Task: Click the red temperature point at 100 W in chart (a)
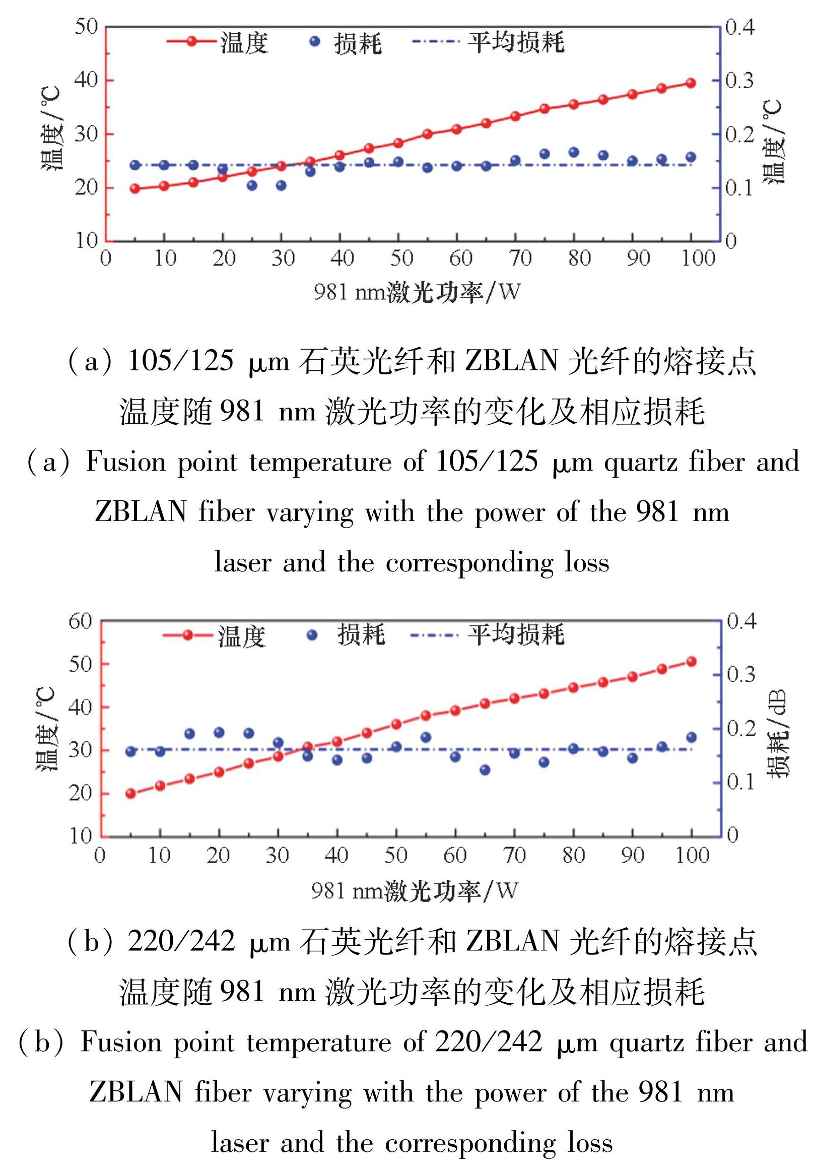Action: pyautogui.click(x=691, y=83)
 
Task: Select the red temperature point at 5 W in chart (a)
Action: pyautogui.click(x=135, y=188)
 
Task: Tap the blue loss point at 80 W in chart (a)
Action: pyautogui.click(x=574, y=152)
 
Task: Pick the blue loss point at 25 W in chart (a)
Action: pyautogui.click(x=252, y=185)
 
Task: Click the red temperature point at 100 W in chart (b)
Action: pyautogui.click(x=691, y=662)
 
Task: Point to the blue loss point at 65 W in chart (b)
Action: pyautogui.click(x=485, y=769)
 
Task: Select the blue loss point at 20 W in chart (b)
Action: pyautogui.click(x=219, y=732)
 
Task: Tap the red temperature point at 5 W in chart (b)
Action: pyautogui.click(x=130, y=793)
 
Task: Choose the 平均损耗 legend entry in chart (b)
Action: pyautogui.click(x=488, y=635)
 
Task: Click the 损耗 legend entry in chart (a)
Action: pyautogui.click(x=347, y=43)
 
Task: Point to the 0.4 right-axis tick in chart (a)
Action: pyautogui.click(x=739, y=27)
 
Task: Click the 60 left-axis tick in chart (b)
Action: pyautogui.click(x=80, y=621)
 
